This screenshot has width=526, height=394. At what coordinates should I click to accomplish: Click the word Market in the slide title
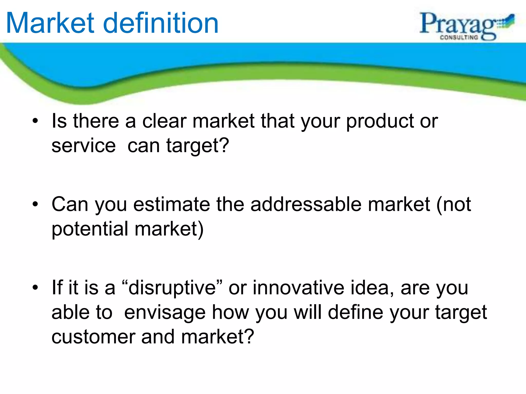click(x=50, y=24)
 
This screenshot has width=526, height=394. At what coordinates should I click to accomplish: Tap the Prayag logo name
click(x=457, y=24)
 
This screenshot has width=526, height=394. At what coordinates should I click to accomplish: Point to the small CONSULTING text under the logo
click(x=459, y=37)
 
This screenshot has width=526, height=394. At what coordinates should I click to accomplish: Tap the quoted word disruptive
click(x=172, y=288)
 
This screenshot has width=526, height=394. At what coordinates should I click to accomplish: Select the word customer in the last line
click(x=93, y=337)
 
